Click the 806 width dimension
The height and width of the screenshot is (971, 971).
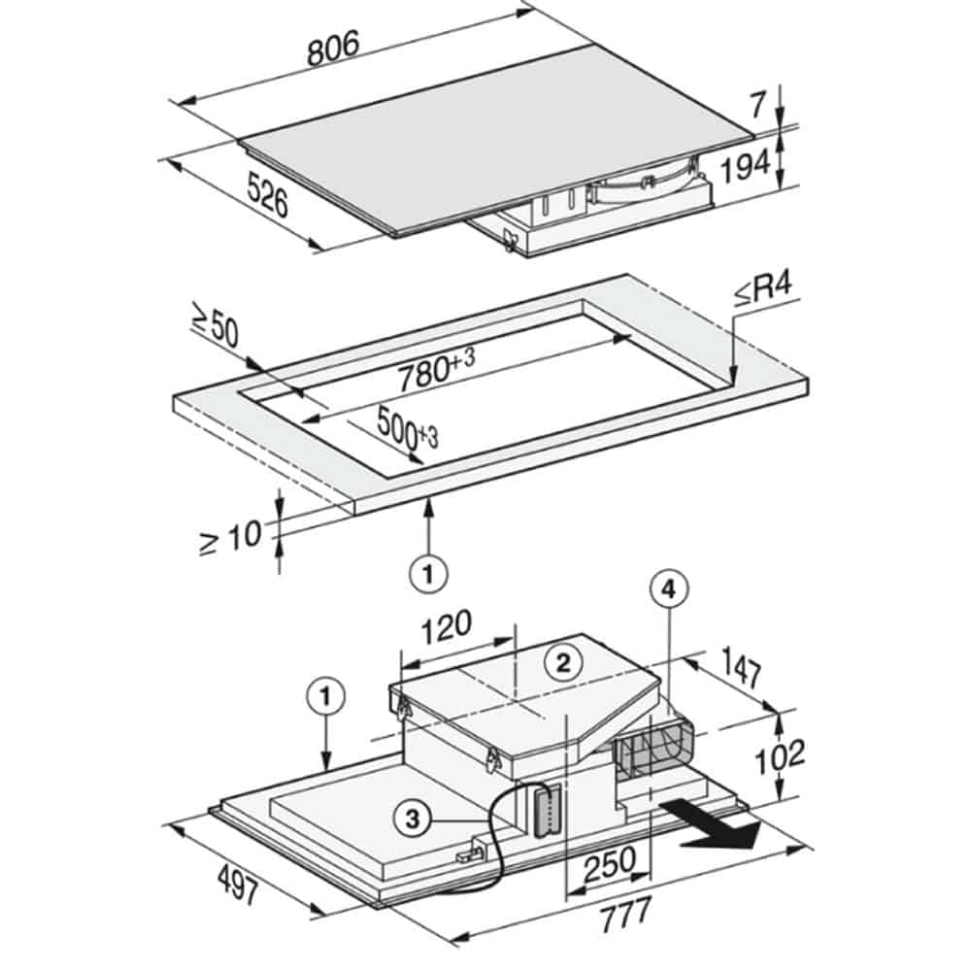[333, 49]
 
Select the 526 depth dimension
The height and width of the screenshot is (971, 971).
[268, 194]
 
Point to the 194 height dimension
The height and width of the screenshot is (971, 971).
[746, 165]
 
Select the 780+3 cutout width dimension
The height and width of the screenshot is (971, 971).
[436, 369]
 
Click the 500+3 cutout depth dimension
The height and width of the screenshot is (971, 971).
[407, 426]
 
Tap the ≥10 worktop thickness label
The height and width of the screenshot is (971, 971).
[231, 538]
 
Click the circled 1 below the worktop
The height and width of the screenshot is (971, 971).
[428, 574]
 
